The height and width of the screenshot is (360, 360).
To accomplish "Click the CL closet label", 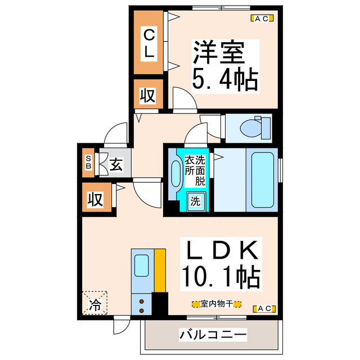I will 149,43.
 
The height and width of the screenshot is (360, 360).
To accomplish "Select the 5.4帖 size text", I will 225,79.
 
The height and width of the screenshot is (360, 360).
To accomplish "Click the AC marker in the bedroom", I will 262,19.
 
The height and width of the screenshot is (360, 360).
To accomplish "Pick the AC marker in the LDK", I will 263,308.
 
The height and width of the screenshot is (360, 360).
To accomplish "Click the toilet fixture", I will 251,128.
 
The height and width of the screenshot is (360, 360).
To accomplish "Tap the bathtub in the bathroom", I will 263,179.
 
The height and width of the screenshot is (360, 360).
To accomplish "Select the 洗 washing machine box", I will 195,201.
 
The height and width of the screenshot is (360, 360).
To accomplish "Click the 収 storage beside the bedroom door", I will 147,94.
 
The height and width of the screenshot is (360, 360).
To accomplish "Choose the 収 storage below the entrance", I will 94,199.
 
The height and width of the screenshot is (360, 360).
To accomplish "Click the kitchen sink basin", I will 142,265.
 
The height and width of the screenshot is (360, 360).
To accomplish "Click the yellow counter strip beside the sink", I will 160,270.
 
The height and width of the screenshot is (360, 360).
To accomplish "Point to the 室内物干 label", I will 217,304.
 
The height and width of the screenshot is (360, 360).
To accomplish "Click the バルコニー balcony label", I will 213,335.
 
